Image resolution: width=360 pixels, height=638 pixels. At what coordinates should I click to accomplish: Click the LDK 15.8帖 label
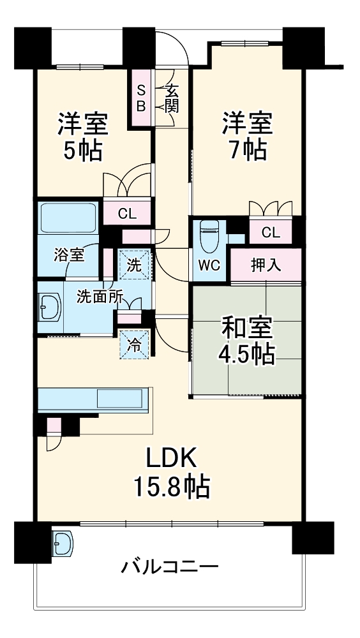(170, 473)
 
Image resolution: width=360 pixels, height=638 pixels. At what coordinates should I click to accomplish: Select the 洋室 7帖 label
(247, 135)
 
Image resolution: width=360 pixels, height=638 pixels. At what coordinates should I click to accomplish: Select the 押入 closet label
(266, 265)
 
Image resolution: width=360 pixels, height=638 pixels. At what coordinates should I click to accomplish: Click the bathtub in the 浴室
(68, 219)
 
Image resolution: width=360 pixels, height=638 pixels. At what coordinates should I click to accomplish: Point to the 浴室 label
(69, 255)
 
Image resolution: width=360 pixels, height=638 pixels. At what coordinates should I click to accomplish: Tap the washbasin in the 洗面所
(49, 310)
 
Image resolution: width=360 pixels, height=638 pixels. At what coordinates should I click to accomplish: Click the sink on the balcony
(63, 544)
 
